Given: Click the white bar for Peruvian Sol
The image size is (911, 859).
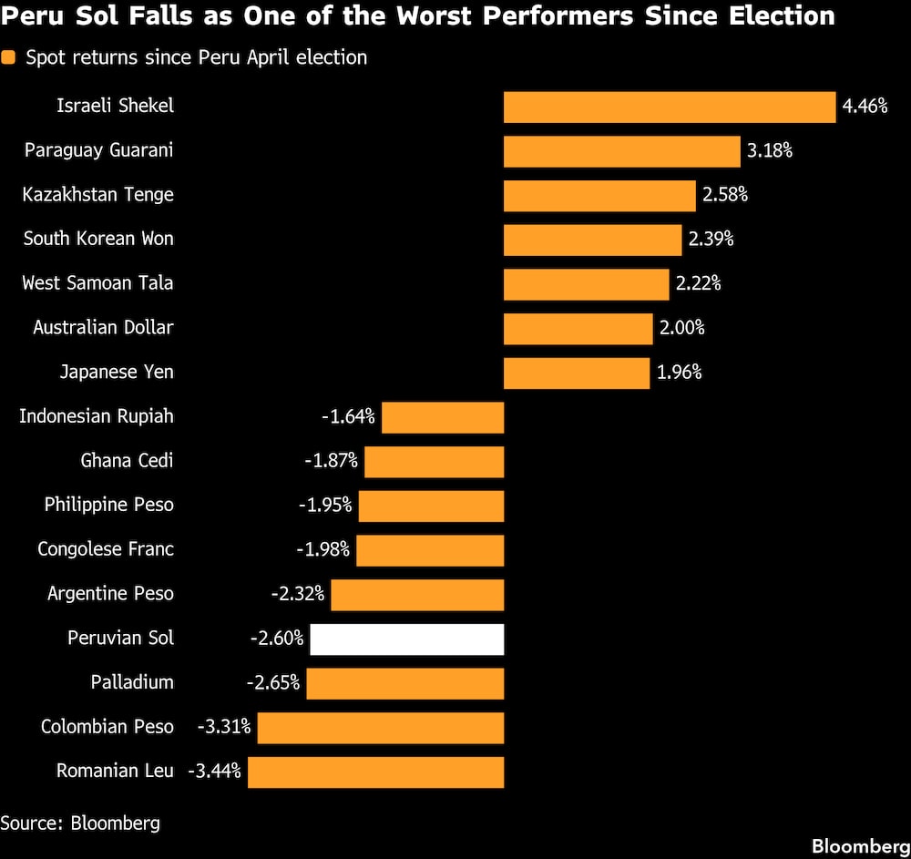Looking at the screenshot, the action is (x=406, y=639).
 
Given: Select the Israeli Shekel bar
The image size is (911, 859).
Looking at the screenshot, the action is (x=670, y=107).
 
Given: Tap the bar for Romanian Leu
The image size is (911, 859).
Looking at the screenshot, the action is (x=376, y=772).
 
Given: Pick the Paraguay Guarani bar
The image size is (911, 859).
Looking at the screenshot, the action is (x=621, y=151).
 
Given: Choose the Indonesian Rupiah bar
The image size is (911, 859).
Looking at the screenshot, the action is (x=443, y=417).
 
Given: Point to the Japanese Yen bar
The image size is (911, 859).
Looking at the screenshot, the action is (x=577, y=373).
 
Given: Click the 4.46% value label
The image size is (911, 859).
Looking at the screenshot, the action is (x=865, y=107).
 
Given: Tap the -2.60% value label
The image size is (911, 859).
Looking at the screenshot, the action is (x=277, y=639).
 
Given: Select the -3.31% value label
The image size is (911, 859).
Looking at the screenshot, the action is (x=224, y=727).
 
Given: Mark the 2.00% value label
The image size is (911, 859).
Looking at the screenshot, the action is (x=681, y=328).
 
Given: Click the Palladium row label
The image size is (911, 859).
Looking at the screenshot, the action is (x=132, y=682).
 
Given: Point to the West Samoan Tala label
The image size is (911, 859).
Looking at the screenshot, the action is (x=97, y=283).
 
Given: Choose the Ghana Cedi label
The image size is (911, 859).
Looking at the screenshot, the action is (x=127, y=461).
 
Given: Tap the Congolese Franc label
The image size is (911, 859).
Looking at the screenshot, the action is (x=106, y=549).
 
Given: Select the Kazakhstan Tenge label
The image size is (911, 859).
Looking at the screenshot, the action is (x=97, y=195).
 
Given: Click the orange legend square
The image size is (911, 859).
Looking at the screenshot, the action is (x=8, y=57).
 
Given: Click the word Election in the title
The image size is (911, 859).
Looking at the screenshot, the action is (x=782, y=15).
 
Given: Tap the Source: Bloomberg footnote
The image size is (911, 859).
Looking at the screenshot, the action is (x=80, y=823).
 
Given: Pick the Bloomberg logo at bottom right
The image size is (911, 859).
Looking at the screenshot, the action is (x=861, y=846).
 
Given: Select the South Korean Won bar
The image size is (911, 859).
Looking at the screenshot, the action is (x=593, y=240).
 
